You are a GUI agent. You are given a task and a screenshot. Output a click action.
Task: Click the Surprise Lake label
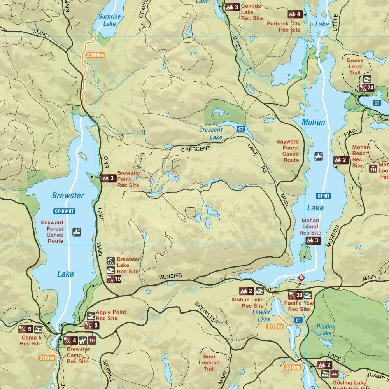point(109,20)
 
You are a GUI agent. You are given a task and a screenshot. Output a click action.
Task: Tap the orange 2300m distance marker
point(96,55)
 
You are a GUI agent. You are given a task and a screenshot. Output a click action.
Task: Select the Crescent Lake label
point(210,133)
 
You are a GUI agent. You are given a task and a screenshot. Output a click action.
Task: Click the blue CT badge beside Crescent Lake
point(241,129)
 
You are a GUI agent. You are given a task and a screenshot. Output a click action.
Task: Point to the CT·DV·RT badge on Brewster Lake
point(64,211)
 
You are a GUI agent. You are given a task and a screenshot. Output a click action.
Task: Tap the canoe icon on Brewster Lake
point(77,232)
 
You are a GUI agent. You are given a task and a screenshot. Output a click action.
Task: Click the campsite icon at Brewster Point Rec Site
point(109,179)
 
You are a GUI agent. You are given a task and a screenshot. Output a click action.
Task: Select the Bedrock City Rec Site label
point(284,26)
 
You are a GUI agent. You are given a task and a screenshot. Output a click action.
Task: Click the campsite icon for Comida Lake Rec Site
point(233,7)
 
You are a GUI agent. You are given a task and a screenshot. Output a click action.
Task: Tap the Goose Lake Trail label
point(354,67)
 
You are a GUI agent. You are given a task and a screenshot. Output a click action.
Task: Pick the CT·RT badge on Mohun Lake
point(324,196)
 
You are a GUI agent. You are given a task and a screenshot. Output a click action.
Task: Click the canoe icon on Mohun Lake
point(319,156)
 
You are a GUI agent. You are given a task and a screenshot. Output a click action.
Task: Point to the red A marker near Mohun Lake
point(301,278)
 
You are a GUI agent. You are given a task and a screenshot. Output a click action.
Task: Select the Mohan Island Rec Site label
point(310,226)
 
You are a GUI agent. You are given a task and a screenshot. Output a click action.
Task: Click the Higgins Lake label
point(326,330)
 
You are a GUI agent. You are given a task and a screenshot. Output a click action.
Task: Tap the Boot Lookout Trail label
point(209,363)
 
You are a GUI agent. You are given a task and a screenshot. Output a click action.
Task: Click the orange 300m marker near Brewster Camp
point(47,358)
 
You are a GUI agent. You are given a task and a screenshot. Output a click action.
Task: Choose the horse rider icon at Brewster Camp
point(82,341)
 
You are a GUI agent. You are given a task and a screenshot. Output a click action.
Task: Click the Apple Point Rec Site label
point(112,315)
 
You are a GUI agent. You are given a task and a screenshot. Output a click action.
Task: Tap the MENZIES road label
point(170,276)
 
